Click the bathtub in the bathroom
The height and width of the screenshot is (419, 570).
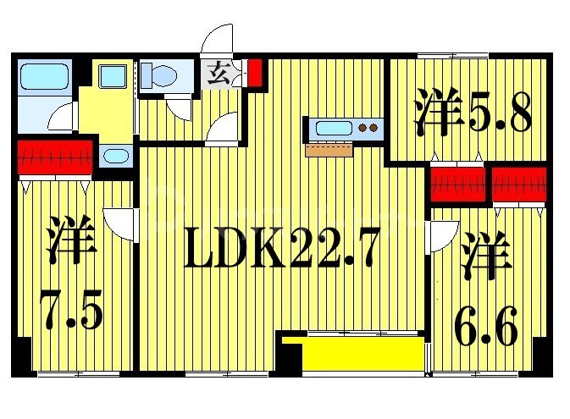(43, 78)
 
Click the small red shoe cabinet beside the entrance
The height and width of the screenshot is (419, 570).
(255, 72)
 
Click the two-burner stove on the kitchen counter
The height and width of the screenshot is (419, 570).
(368, 130)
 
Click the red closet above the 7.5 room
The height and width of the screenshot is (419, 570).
(55, 156)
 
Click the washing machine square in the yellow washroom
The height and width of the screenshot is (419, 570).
(112, 77)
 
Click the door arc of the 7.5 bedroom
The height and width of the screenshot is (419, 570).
(124, 223)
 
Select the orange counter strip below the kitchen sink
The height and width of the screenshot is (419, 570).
(329, 150)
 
